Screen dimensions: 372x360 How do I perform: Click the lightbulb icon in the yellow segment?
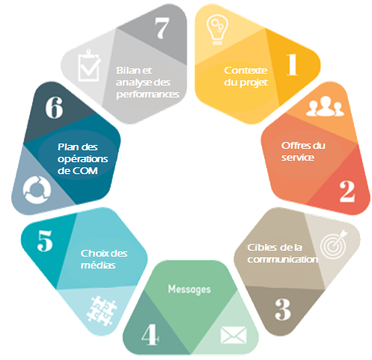[217, 30]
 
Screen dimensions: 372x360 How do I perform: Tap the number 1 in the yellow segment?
[292, 65]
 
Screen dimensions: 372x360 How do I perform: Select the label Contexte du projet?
[246, 77]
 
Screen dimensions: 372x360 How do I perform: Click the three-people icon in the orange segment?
[325, 106]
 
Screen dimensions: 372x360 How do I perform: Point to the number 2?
[347, 191]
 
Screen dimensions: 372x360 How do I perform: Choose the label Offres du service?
[303, 151]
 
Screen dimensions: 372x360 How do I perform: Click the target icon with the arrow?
[334, 244]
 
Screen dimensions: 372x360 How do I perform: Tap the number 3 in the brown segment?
[283, 309]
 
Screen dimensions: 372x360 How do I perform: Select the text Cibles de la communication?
[283, 253]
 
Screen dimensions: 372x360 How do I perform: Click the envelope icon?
[234, 335]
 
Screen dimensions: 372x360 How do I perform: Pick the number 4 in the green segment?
[150, 335]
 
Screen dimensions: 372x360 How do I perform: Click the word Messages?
[190, 289]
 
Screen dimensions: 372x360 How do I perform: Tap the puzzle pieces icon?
[102, 310]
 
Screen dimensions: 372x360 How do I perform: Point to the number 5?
[45, 240]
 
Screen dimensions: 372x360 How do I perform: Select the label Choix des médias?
[104, 259]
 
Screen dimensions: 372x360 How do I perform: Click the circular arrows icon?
[37, 190]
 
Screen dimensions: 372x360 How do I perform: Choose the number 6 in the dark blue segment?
[54, 107]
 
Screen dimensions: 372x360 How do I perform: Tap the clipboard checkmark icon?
[89, 65]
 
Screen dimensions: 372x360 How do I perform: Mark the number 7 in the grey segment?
[162, 28]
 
